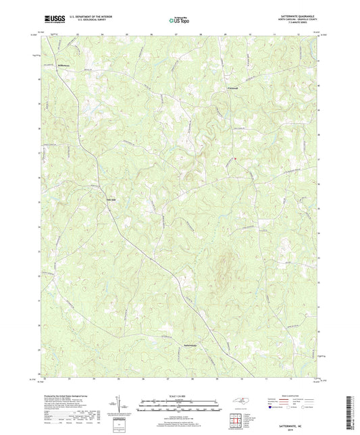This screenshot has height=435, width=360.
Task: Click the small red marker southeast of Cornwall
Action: pyautogui.click(x=234, y=159)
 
